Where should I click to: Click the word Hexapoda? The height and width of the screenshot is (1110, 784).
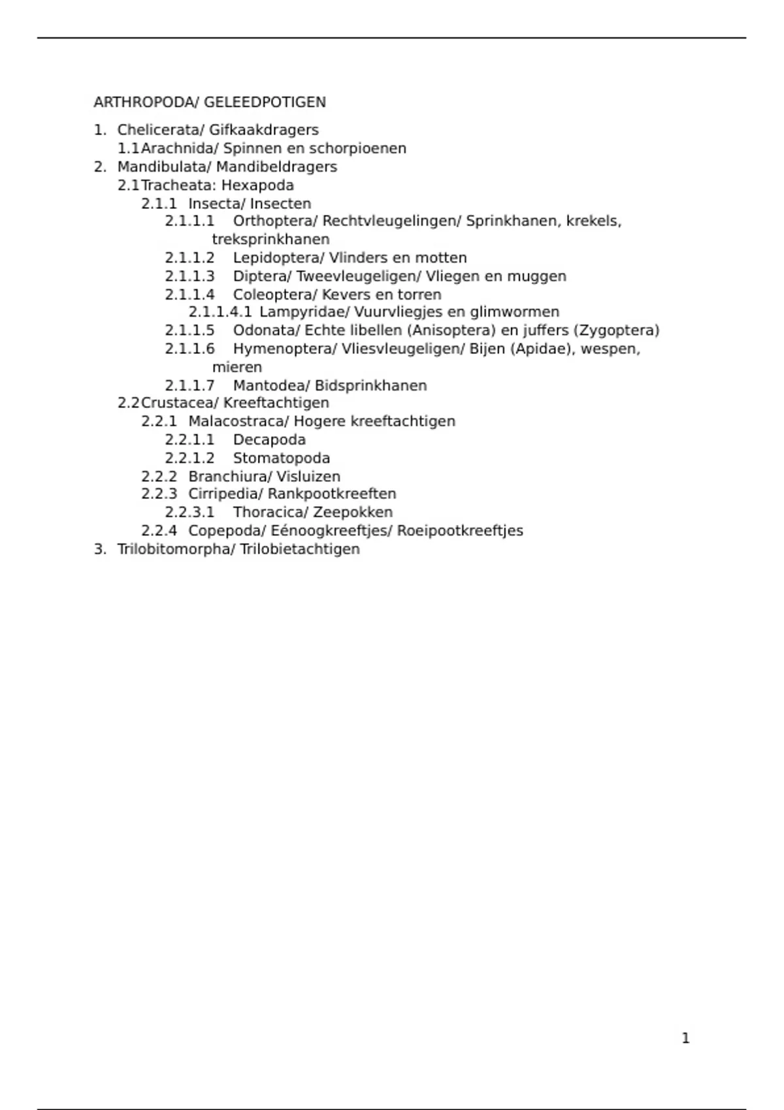pos(257,185)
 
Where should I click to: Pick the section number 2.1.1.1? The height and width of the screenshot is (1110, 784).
pos(189,221)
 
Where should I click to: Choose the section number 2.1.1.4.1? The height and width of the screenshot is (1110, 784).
pos(220,312)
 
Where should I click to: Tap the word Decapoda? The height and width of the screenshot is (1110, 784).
pos(269,440)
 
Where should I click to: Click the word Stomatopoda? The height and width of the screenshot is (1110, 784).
pos(282,458)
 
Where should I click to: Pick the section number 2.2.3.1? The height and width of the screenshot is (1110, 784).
pos(189,513)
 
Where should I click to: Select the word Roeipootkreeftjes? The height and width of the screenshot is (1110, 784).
pos(460,531)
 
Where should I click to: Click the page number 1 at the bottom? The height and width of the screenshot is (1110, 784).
pos(685,1038)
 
